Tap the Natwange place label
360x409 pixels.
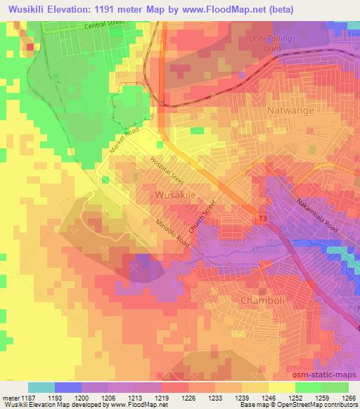[290, 111]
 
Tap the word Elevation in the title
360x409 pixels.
[66, 10]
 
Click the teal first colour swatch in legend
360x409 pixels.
[41, 387]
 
